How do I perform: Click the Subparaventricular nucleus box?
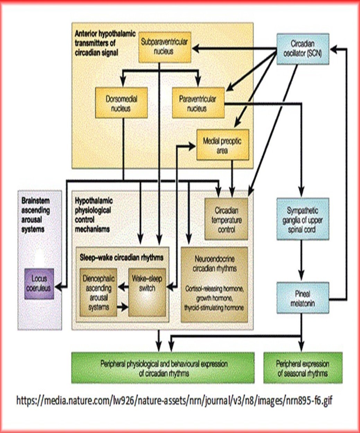pyautogui.click(x=165, y=47)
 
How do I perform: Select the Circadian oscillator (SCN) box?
pyautogui.click(x=302, y=49)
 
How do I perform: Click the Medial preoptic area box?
pyautogui.click(x=222, y=145)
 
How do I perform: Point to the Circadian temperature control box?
pyautogui.click(x=226, y=219)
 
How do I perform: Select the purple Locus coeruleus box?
pyautogui.click(x=39, y=283)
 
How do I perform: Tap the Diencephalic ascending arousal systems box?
pyautogui.click(x=98, y=293)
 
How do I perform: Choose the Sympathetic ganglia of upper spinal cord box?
pyautogui.click(x=302, y=219)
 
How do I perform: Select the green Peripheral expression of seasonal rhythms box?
pyautogui.click(x=302, y=368)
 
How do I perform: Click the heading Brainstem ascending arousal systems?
pyautogui.click(x=36, y=215)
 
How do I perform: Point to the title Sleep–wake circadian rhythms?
pyautogui.click(x=121, y=258)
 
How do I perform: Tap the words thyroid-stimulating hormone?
pyautogui.click(x=214, y=308)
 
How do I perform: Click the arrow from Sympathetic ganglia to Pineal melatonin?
pyautogui.click(x=302, y=260)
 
